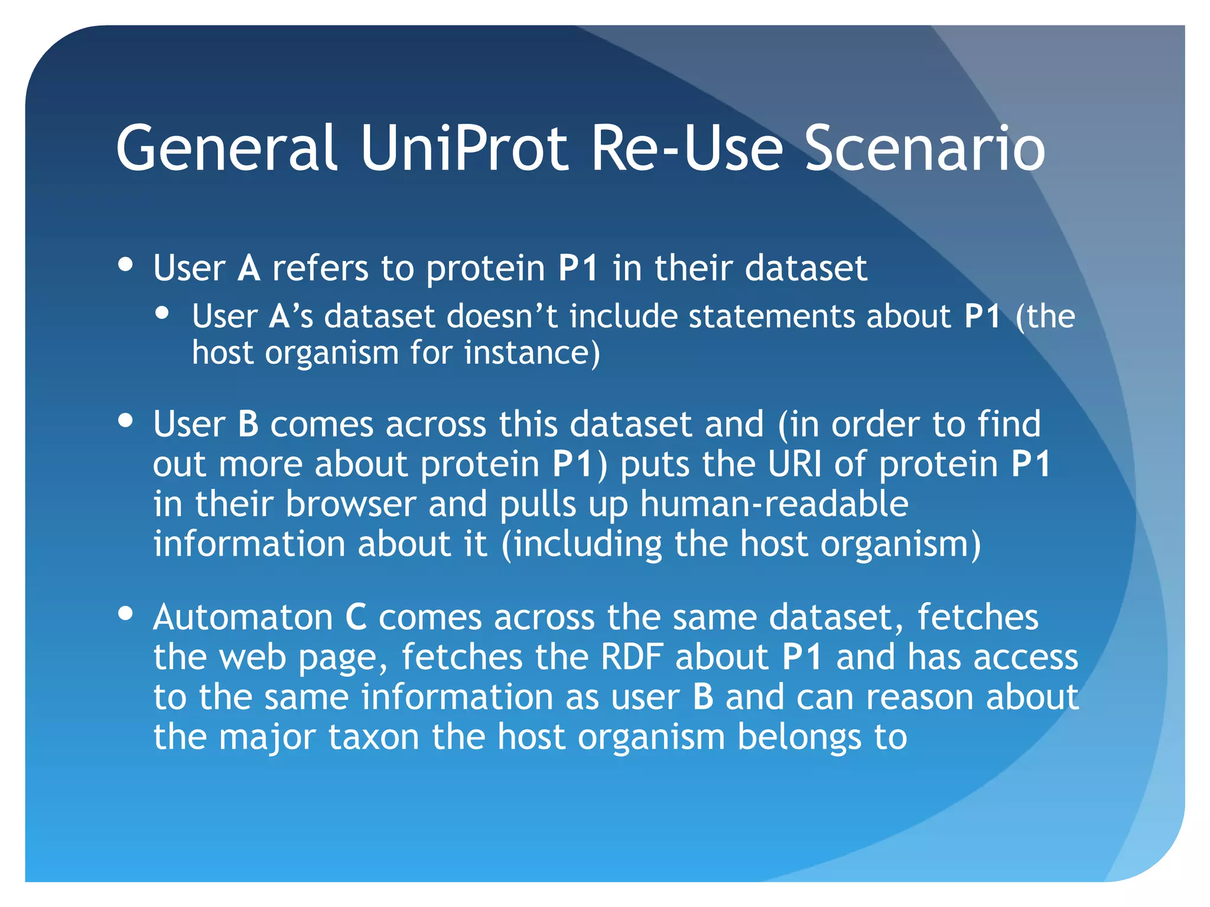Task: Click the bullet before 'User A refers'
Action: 125,265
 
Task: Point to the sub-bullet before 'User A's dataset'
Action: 162,314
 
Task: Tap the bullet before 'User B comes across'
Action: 125,421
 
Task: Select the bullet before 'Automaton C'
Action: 125,614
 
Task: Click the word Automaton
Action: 243,618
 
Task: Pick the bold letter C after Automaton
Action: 356,618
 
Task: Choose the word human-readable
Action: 774,504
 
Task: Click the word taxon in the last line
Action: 373,737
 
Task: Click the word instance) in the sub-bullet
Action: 532,353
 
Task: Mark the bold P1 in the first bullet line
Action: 578,268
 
